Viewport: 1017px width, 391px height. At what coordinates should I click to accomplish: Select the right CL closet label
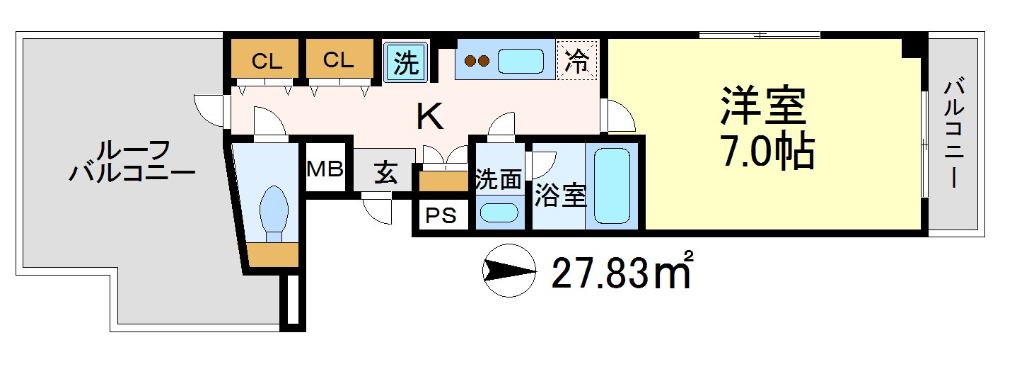(338, 60)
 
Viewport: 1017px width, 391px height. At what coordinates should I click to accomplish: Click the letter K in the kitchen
(429, 117)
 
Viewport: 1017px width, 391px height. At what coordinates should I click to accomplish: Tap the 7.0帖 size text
(767, 151)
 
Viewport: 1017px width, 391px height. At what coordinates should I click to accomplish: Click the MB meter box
(325, 169)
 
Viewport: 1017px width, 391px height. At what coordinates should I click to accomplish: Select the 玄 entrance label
(385, 172)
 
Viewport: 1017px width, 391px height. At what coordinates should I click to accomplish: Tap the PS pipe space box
(441, 215)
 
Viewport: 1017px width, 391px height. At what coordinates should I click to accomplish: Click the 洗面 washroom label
(499, 180)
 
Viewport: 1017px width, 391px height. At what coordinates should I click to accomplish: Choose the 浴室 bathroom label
(560, 196)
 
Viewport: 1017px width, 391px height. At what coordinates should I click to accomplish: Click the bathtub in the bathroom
(612, 186)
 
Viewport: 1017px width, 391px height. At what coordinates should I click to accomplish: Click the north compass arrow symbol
(508, 270)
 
